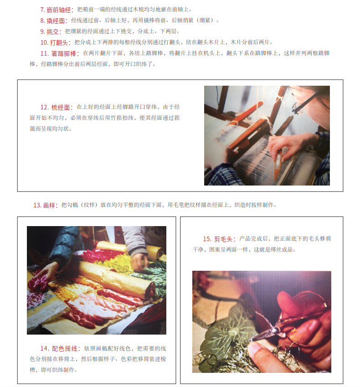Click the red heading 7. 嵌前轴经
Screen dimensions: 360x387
click(x=57, y=10)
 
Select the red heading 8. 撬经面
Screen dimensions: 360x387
click(x=54, y=21)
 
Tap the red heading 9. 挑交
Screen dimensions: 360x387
click(x=51, y=31)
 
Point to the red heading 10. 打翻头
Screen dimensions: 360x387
click(x=56, y=42)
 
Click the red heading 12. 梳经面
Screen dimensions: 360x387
click(x=57, y=108)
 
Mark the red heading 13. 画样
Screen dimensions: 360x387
click(x=46, y=205)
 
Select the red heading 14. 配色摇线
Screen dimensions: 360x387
click(x=61, y=349)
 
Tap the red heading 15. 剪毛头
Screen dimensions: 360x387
click(x=219, y=239)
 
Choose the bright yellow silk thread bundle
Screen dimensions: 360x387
click(x=116, y=262)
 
